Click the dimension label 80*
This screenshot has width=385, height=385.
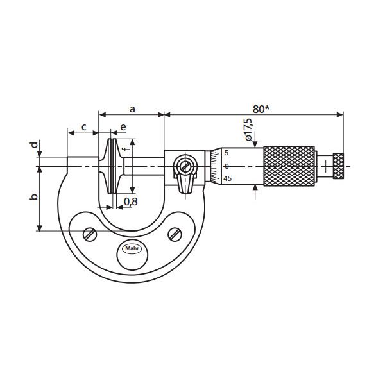pos(260,109)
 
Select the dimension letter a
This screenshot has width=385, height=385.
pos(132,109)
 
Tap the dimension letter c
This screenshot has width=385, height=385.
pos(84,127)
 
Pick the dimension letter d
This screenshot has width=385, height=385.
pos(34,146)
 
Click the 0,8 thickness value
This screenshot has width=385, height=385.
pos(130,201)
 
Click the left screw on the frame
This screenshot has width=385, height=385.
pos(90,235)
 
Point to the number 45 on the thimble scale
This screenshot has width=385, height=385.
pos(227,179)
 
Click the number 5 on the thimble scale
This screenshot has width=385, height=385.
pos(227,153)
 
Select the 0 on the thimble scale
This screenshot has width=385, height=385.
pos(227,166)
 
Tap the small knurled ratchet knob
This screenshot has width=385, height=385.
pos(338,166)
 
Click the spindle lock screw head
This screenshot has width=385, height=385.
pos(185,166)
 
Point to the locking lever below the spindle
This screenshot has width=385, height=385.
pos(185,185)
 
